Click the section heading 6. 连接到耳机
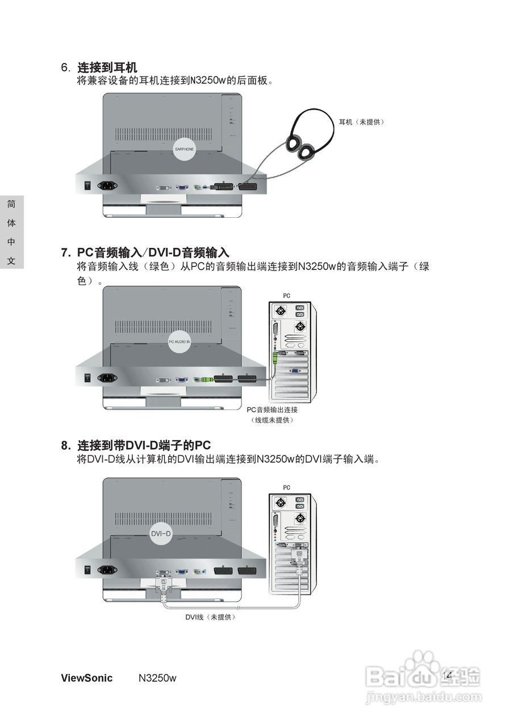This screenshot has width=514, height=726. click(99, 67)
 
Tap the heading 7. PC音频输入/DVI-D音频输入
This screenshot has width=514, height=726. click(145, 252)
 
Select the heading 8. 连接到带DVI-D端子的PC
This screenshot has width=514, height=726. click(136, 445)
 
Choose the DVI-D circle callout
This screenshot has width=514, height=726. click(161, 534)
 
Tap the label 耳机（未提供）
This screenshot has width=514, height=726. click(361, 122)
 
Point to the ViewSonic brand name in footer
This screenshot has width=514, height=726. click(86, 678)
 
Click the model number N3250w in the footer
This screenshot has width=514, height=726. click(157, 678)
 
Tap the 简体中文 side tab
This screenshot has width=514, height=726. click(11, 233)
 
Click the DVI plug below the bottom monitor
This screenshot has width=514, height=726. click(164, 584)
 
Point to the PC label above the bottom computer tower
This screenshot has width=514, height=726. click(286, 487)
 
